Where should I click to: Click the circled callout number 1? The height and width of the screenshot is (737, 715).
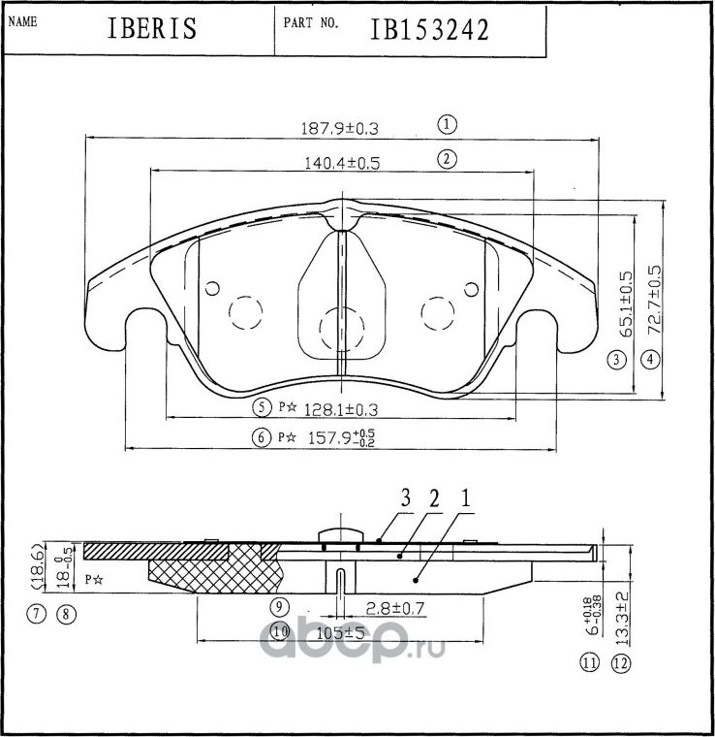pos(446,124)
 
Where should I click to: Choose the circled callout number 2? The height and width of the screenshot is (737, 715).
pos(446,159)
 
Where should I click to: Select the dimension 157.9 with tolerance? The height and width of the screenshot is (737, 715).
pos(335,437)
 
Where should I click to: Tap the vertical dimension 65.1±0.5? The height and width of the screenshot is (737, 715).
pos(627,303)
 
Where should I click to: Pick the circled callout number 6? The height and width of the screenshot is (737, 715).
pos(260,437)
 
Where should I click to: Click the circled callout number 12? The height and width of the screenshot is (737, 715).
pos(621,664)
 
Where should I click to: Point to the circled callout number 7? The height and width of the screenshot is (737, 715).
pos(36,613)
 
